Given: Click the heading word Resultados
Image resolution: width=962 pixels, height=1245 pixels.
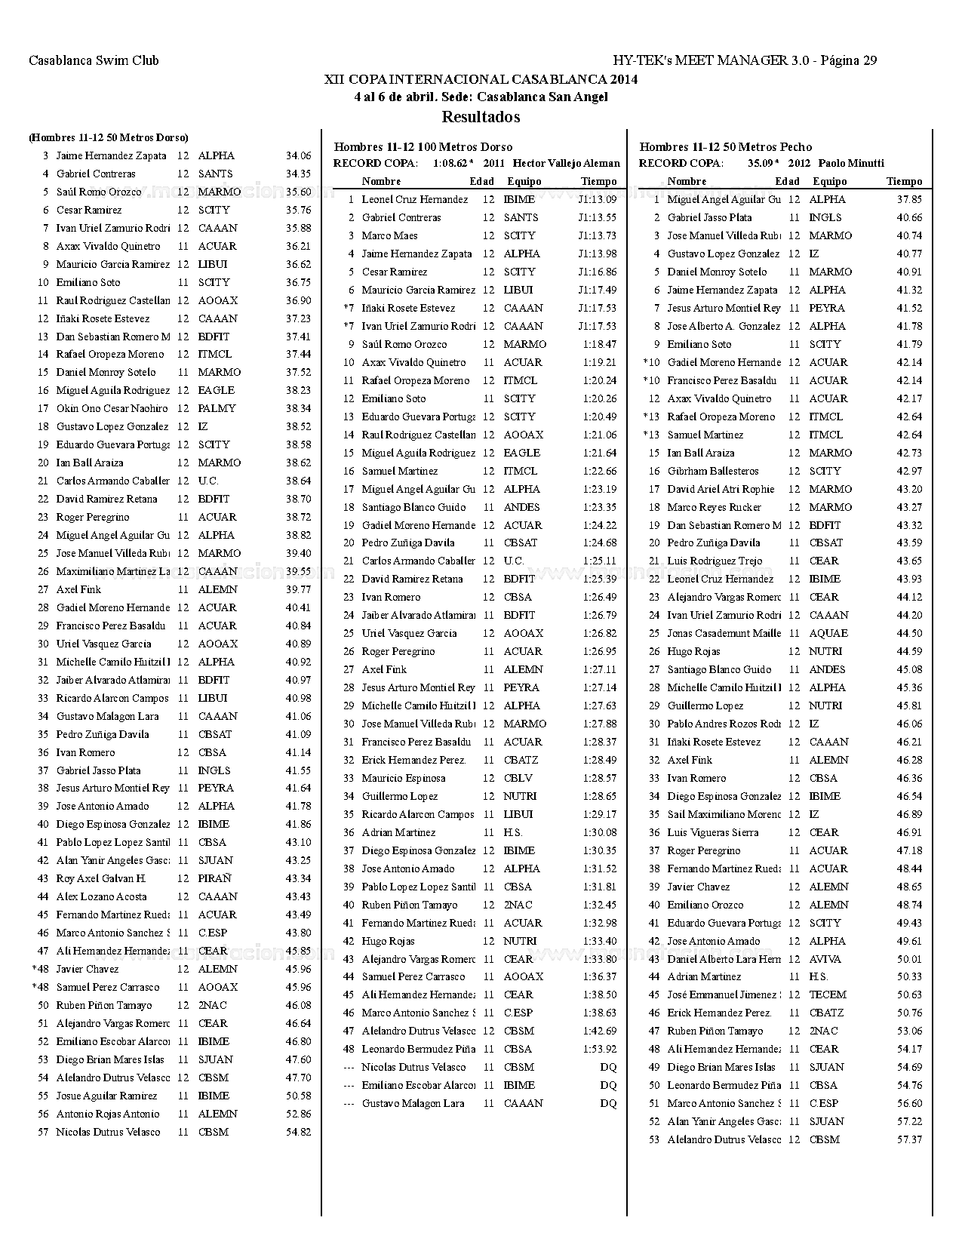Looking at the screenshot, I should pyautogui.click(x=481, y=117).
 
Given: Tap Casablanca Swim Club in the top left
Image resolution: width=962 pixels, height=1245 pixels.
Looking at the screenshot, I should pyautogui.click(x=94, y=60).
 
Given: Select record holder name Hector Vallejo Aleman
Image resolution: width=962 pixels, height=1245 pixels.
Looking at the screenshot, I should pyautogui.click(x=566, y=163).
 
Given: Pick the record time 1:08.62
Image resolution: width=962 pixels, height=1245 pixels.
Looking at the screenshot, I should pyautogui.click(x=450, y=163).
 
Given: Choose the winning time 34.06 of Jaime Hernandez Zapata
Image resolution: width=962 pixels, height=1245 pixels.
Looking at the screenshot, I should pyautogui.click(x=298, y=156).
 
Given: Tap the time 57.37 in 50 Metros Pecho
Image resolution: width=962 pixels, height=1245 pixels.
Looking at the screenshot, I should pyautogui.click(x=909, y=1139).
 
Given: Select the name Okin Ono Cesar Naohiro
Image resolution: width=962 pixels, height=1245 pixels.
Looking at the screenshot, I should pyautogui.click(x=112, y=408).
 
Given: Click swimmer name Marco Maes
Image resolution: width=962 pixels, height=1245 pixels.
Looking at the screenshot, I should pyautogui.click(x=389, y=235).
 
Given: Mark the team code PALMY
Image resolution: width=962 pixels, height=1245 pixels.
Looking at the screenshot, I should pyautogui.click(x=217, y=408).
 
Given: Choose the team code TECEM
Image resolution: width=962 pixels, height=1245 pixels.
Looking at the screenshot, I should pyautogui.click(x=828, y=994).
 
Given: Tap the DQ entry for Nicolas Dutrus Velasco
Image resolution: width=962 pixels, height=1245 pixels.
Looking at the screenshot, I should pyautogui.click(x=607, y=1067).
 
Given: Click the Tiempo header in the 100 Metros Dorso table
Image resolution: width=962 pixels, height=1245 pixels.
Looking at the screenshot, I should pyautogui.click(x=598, y=181).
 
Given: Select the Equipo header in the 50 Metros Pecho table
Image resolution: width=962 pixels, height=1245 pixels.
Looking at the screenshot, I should pyautogui.click(x=829, y=181).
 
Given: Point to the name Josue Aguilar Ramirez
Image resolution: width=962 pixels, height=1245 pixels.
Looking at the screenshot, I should pyautogui.click(x=106, y=1096).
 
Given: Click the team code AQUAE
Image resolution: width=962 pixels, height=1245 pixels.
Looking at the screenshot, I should pyautogui.click(x=828, y=633).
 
